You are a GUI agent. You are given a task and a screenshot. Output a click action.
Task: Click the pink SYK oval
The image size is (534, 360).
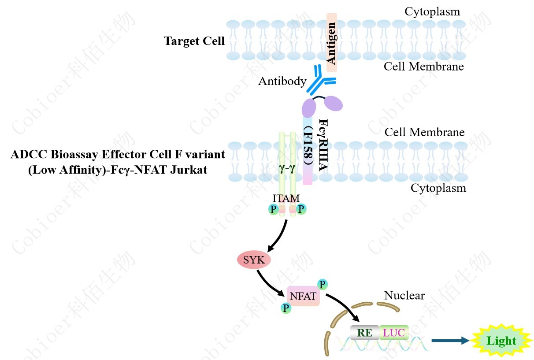254,260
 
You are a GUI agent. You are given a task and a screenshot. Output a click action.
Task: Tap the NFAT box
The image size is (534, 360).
303,296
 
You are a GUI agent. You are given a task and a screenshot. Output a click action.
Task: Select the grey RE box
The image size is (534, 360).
364,333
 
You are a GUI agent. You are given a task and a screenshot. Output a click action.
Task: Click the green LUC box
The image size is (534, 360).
394,333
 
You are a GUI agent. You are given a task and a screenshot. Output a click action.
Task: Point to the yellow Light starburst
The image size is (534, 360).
501,341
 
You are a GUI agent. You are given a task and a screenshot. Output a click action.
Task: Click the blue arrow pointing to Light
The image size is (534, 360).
450,341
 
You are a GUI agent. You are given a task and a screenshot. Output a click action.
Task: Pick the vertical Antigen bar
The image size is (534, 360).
332,42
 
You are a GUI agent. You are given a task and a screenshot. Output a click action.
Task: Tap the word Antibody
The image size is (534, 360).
282,81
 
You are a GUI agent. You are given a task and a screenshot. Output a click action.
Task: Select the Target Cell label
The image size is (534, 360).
194,41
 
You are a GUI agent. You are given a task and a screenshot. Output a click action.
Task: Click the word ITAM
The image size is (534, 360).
286,199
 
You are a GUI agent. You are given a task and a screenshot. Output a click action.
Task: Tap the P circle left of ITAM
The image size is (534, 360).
274,210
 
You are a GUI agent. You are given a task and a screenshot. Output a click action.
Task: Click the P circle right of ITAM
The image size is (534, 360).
301,210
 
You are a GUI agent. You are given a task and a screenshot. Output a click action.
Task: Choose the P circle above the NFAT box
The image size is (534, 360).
323,284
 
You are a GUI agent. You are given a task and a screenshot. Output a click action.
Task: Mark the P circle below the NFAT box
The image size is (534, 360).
286,308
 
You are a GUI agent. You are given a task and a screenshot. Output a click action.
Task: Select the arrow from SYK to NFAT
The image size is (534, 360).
268,282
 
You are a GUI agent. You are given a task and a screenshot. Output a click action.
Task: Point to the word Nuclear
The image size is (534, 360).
404,295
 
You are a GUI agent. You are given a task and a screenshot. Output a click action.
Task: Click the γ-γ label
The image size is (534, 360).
286,168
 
